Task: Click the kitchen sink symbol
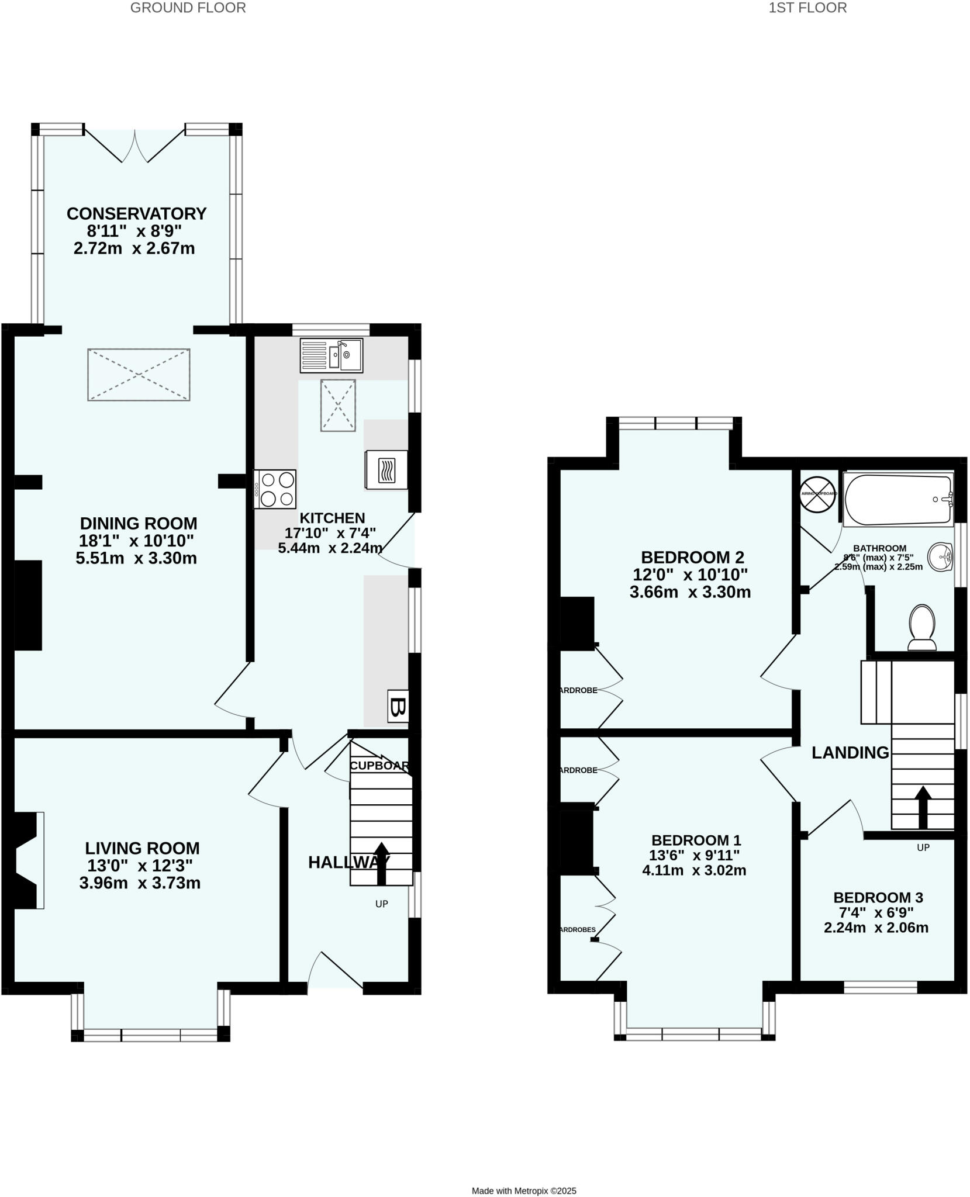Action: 331,355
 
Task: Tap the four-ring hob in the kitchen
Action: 275,489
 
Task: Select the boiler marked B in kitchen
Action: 398,707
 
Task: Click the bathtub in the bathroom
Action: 898,500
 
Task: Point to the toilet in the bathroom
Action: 921,628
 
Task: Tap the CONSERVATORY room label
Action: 136,214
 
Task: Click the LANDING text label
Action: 850,753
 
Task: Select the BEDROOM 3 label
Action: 878,897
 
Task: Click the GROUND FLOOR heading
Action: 188,8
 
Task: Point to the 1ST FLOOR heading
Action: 807,8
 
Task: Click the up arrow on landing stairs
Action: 923,807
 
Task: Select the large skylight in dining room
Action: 139,375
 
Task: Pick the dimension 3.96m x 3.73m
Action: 140,883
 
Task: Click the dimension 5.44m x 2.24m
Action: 330,548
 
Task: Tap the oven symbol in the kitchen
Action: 386,470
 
